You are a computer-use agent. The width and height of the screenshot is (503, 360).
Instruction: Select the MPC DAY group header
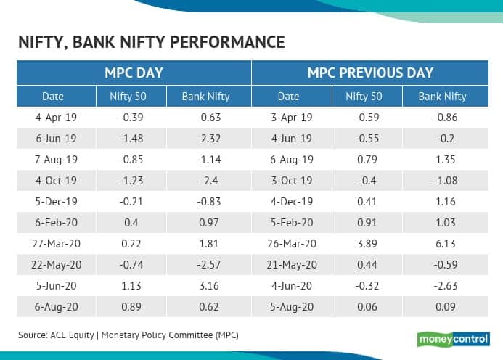coord(134,73)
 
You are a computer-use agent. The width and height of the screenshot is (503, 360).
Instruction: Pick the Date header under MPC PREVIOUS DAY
coord(288,96)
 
